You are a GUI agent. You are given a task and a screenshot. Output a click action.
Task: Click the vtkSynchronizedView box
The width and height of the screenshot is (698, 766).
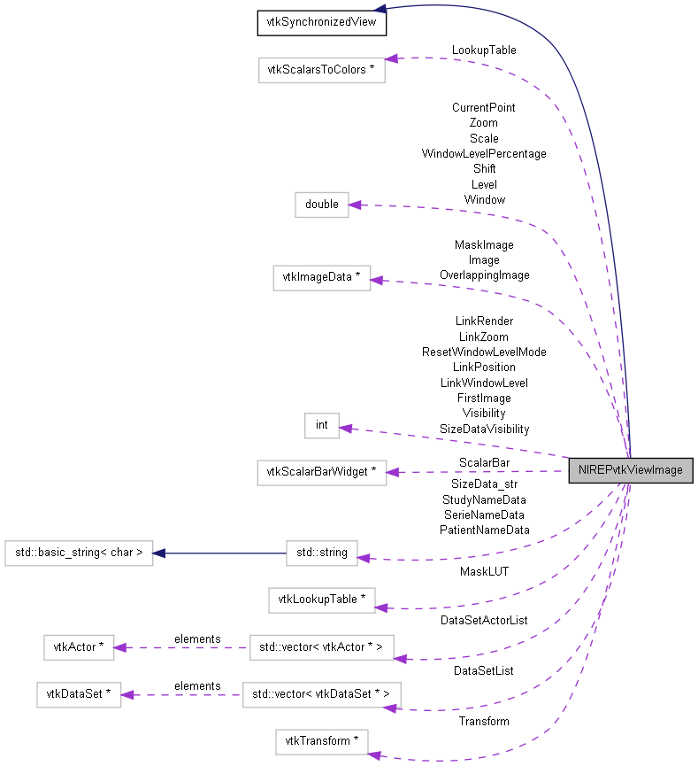[322, 23]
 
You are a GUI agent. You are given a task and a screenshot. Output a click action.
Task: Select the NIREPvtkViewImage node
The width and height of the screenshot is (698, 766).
[630, 470]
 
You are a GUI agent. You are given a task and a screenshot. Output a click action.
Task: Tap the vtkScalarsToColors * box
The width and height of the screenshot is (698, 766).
[322, 70]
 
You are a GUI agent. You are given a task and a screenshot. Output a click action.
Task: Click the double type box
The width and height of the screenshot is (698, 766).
[322, 205]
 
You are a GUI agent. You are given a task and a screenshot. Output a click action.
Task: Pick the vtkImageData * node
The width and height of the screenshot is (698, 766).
[322, 278]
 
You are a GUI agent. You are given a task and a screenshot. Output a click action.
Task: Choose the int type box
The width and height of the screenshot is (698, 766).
[322, 425]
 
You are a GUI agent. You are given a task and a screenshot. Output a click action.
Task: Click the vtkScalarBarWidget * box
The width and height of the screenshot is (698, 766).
[322, 473]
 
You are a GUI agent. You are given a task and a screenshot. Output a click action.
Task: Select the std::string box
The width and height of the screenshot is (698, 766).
[322, 555]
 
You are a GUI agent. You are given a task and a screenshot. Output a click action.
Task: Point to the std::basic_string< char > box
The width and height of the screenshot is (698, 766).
[79, 553]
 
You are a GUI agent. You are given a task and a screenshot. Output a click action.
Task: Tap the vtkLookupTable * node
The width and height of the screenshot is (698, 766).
[322, 600]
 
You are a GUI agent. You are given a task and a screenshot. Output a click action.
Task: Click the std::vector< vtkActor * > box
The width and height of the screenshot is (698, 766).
[322, 648]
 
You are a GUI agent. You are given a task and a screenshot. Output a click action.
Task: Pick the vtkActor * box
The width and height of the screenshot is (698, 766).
[80, 648]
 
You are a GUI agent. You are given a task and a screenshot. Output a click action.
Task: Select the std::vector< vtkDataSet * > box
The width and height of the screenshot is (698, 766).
[322, 695]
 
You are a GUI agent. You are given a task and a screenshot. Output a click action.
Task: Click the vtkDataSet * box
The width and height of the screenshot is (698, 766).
[79, 695]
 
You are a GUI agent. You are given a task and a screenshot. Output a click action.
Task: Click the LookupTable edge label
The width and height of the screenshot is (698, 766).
[484, 50]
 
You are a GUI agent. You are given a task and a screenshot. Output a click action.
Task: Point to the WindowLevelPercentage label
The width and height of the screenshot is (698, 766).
[484, 154]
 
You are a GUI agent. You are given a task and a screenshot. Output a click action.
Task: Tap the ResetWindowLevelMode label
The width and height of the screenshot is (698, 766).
[484, 352]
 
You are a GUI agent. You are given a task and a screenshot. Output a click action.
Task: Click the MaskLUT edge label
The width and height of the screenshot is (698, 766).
[484, 572]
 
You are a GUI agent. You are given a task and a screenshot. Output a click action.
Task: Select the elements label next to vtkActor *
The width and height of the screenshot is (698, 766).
[197, 638]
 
